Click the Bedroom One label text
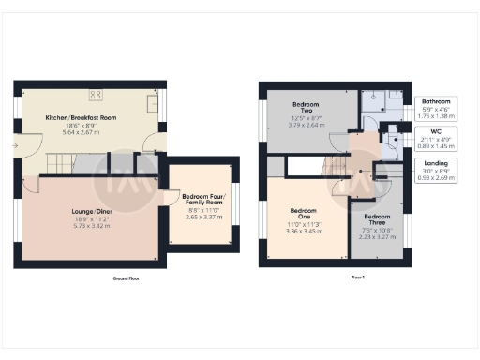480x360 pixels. (x=302, y=211)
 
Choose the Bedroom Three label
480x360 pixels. (x=379, y=218)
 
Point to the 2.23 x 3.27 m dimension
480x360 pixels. (x=379, y=237)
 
